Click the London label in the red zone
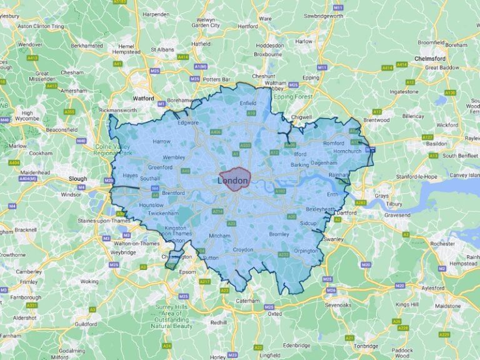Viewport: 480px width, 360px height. point(232,181)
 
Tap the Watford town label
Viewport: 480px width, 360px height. point(143,98)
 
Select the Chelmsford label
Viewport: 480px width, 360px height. point(429,58)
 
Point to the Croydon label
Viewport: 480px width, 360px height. point(242,249)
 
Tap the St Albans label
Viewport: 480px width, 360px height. point(162,49)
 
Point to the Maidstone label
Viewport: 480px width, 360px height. point(447,306)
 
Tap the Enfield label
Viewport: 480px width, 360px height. point(247,102)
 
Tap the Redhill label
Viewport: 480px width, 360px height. point(219,322)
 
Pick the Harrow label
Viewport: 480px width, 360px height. point(161,142)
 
